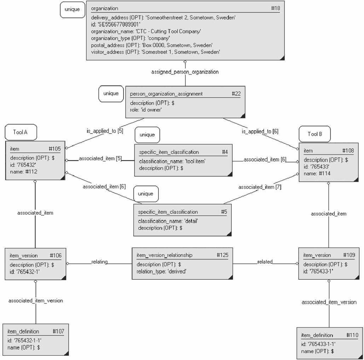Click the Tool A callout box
tap(21, 132)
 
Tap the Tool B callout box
tap(314, 134)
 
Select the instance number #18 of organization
tap(276, 8)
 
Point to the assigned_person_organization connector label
tap(185, 72)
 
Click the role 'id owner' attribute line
tap(146, 110)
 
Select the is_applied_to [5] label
tap(105, 131)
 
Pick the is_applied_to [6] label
tap(260, 131)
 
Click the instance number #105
tap(54, 149)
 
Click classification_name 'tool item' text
tap(172, 161)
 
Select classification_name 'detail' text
tap(168, 221)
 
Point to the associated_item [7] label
tap(260, 187)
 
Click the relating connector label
tap(100, 262)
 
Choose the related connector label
tap(265, 262)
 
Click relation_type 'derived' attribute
tap(161, 271)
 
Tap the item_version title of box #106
tap(24, 256)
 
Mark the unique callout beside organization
tap(73, 10)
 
